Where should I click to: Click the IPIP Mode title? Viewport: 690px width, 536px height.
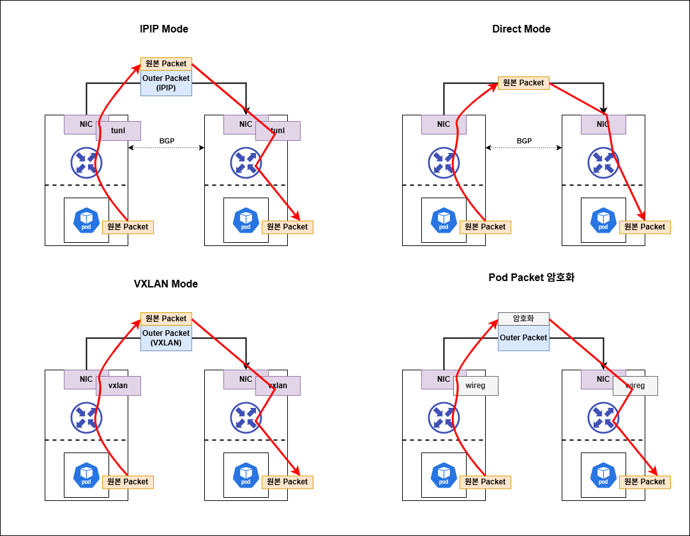tap(164, 29)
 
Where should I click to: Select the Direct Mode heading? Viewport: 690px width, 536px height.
tap(521, 29)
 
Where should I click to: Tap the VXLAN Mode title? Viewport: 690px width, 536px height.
tap(165, 284)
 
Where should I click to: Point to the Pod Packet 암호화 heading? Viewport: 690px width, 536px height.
tap(532, 277)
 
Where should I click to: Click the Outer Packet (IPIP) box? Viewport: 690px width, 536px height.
tap(166, 83)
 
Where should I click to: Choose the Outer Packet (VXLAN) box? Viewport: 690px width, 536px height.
tap(166, 338)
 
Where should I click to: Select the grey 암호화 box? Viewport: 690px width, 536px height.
tap(523, 319)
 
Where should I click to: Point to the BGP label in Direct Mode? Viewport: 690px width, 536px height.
tap(523, 141)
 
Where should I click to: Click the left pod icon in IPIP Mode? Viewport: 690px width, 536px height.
tap(86, 220)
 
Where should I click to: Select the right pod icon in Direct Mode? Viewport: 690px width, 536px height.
tap(603, 220)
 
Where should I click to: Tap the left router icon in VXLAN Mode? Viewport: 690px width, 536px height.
tap(86, 417)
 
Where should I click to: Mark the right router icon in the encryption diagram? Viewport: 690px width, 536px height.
tap(603, 417)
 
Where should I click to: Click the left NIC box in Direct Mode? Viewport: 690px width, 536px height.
tap(444, 124)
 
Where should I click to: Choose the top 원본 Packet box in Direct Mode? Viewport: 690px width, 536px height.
tap(523, 83)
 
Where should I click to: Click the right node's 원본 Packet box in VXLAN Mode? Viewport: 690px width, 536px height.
tap(287, 482)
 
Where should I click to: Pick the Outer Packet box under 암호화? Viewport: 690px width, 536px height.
tap(523, 338)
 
